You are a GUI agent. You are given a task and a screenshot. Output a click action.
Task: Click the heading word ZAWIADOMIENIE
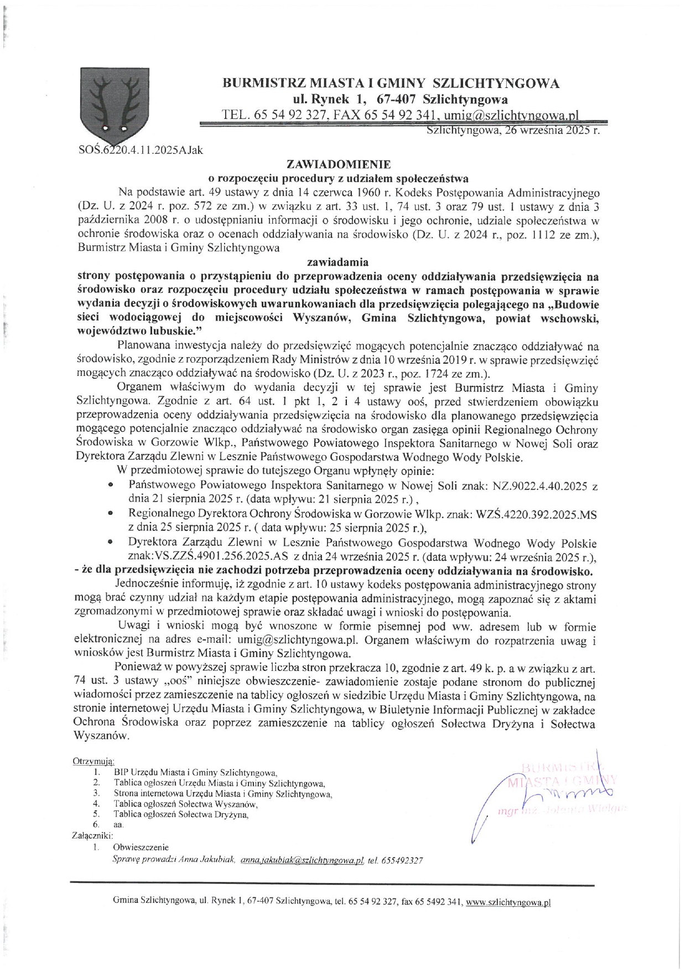click(x=338, y=164)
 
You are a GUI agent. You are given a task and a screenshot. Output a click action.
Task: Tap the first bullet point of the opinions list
click(x=111, y=485)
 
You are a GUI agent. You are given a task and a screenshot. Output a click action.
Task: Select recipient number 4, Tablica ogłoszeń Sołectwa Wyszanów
click(x=185, y=804)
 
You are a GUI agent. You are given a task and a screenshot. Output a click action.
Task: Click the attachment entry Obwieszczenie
click(x=141, y=847)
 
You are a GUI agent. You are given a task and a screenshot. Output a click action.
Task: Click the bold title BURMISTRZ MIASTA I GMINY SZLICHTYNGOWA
click(x=391, y=84)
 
